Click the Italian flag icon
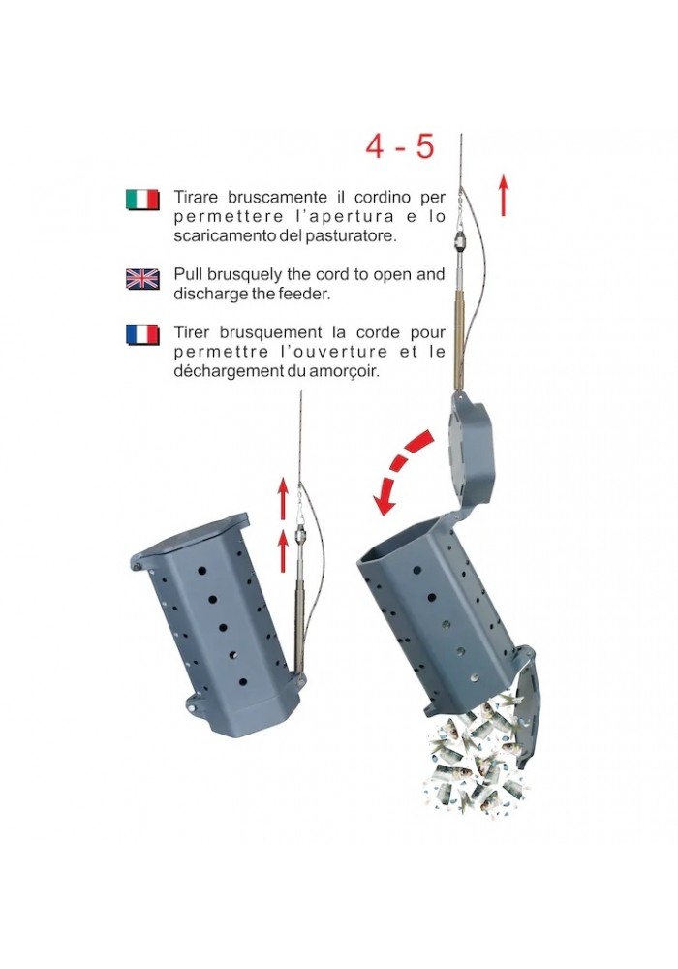(x=142, y=200)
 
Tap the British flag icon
(x=142, y=279)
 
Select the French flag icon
(x=142, y=334)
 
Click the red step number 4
(x=376, y=146)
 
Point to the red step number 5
(x=424, y=146)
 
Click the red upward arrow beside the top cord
(x=504, y=196)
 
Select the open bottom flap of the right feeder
(x=527, y=704)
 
